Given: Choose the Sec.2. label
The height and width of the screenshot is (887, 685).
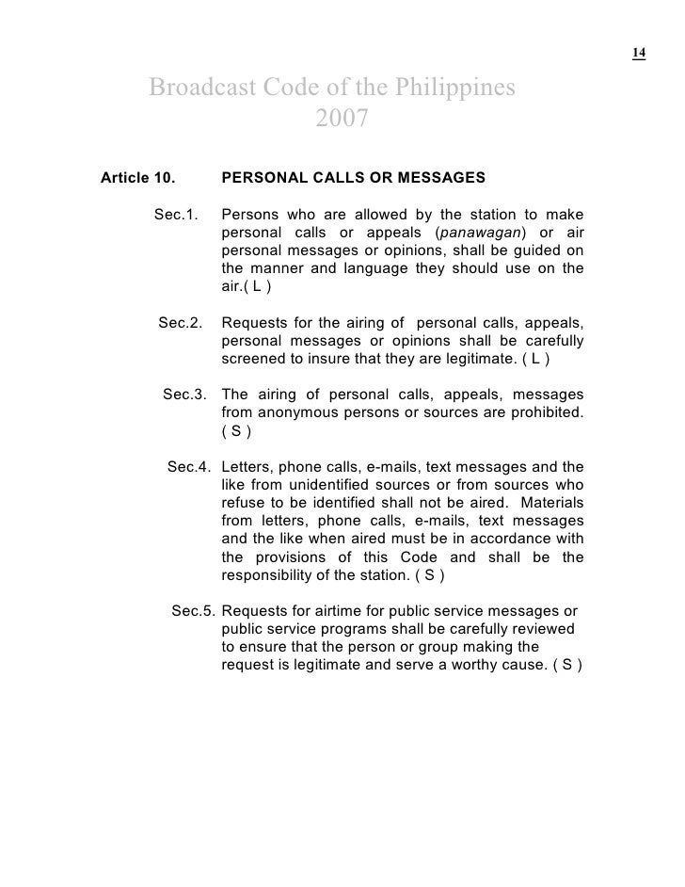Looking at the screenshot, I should pos(181,323).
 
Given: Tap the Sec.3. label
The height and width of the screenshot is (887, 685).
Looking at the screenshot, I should pos(185,395).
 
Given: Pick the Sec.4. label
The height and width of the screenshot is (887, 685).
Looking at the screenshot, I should pos(189,467).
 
